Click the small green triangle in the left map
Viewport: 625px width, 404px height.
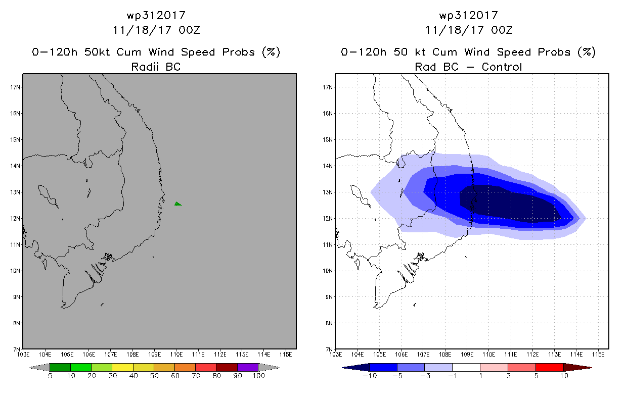[x=177, y=204]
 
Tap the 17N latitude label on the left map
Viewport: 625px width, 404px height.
[x=15, y=87]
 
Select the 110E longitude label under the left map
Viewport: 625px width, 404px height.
[x=176, y=355]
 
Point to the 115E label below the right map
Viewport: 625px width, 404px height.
[x=598, y=355]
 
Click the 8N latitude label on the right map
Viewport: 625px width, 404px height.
[x=329, y=323]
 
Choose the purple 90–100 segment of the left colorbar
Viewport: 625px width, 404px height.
[x=248, y=367]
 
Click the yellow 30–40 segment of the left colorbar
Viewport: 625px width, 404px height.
[x=122, y=367]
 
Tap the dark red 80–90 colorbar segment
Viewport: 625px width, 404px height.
[x=227, y=367]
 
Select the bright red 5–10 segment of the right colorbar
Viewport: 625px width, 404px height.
[x=550, y=367]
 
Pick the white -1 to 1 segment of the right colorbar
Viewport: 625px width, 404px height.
[x=466, y=367]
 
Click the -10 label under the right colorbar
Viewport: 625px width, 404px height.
[x=370, y=376]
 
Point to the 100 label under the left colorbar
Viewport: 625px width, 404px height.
[x=258, y=376]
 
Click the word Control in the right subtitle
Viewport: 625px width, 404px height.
[x=502, y=67]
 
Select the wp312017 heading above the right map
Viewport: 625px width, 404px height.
[x=469, y=15]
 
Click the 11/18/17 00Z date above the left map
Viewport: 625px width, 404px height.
[x=156, y=30]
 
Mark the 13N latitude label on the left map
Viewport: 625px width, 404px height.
[x=15, y=192]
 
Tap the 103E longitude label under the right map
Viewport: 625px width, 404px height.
[x=336, y=355]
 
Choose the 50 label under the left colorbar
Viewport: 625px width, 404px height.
[x=154, y=376]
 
